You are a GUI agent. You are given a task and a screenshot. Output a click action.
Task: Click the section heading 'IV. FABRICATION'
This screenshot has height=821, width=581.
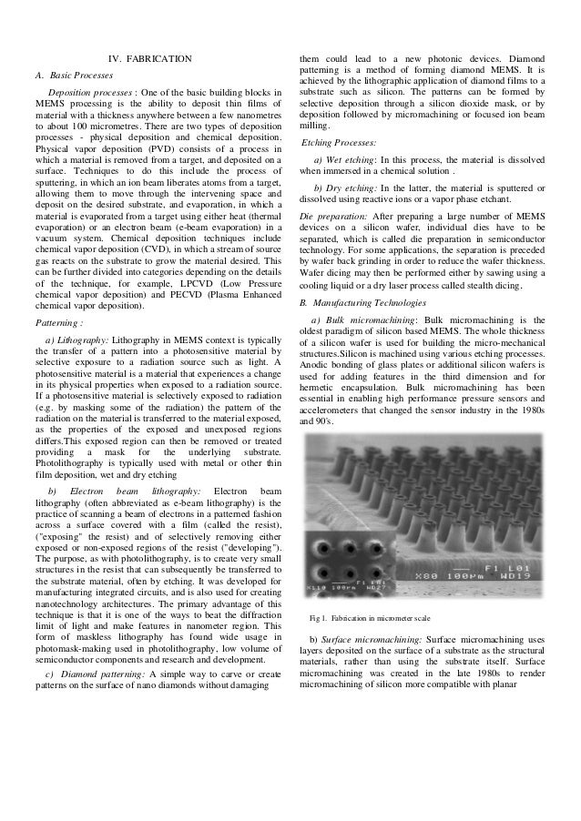(150, 60)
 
